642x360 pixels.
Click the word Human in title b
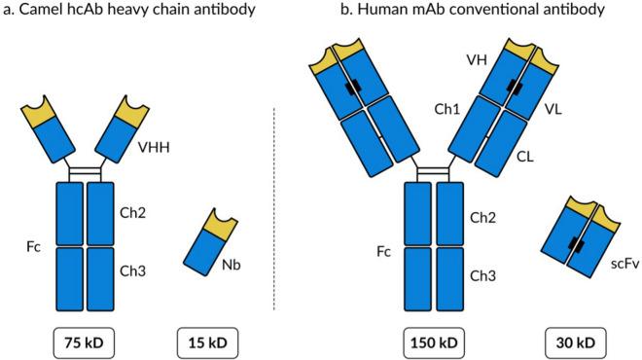tap(375, 10)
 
